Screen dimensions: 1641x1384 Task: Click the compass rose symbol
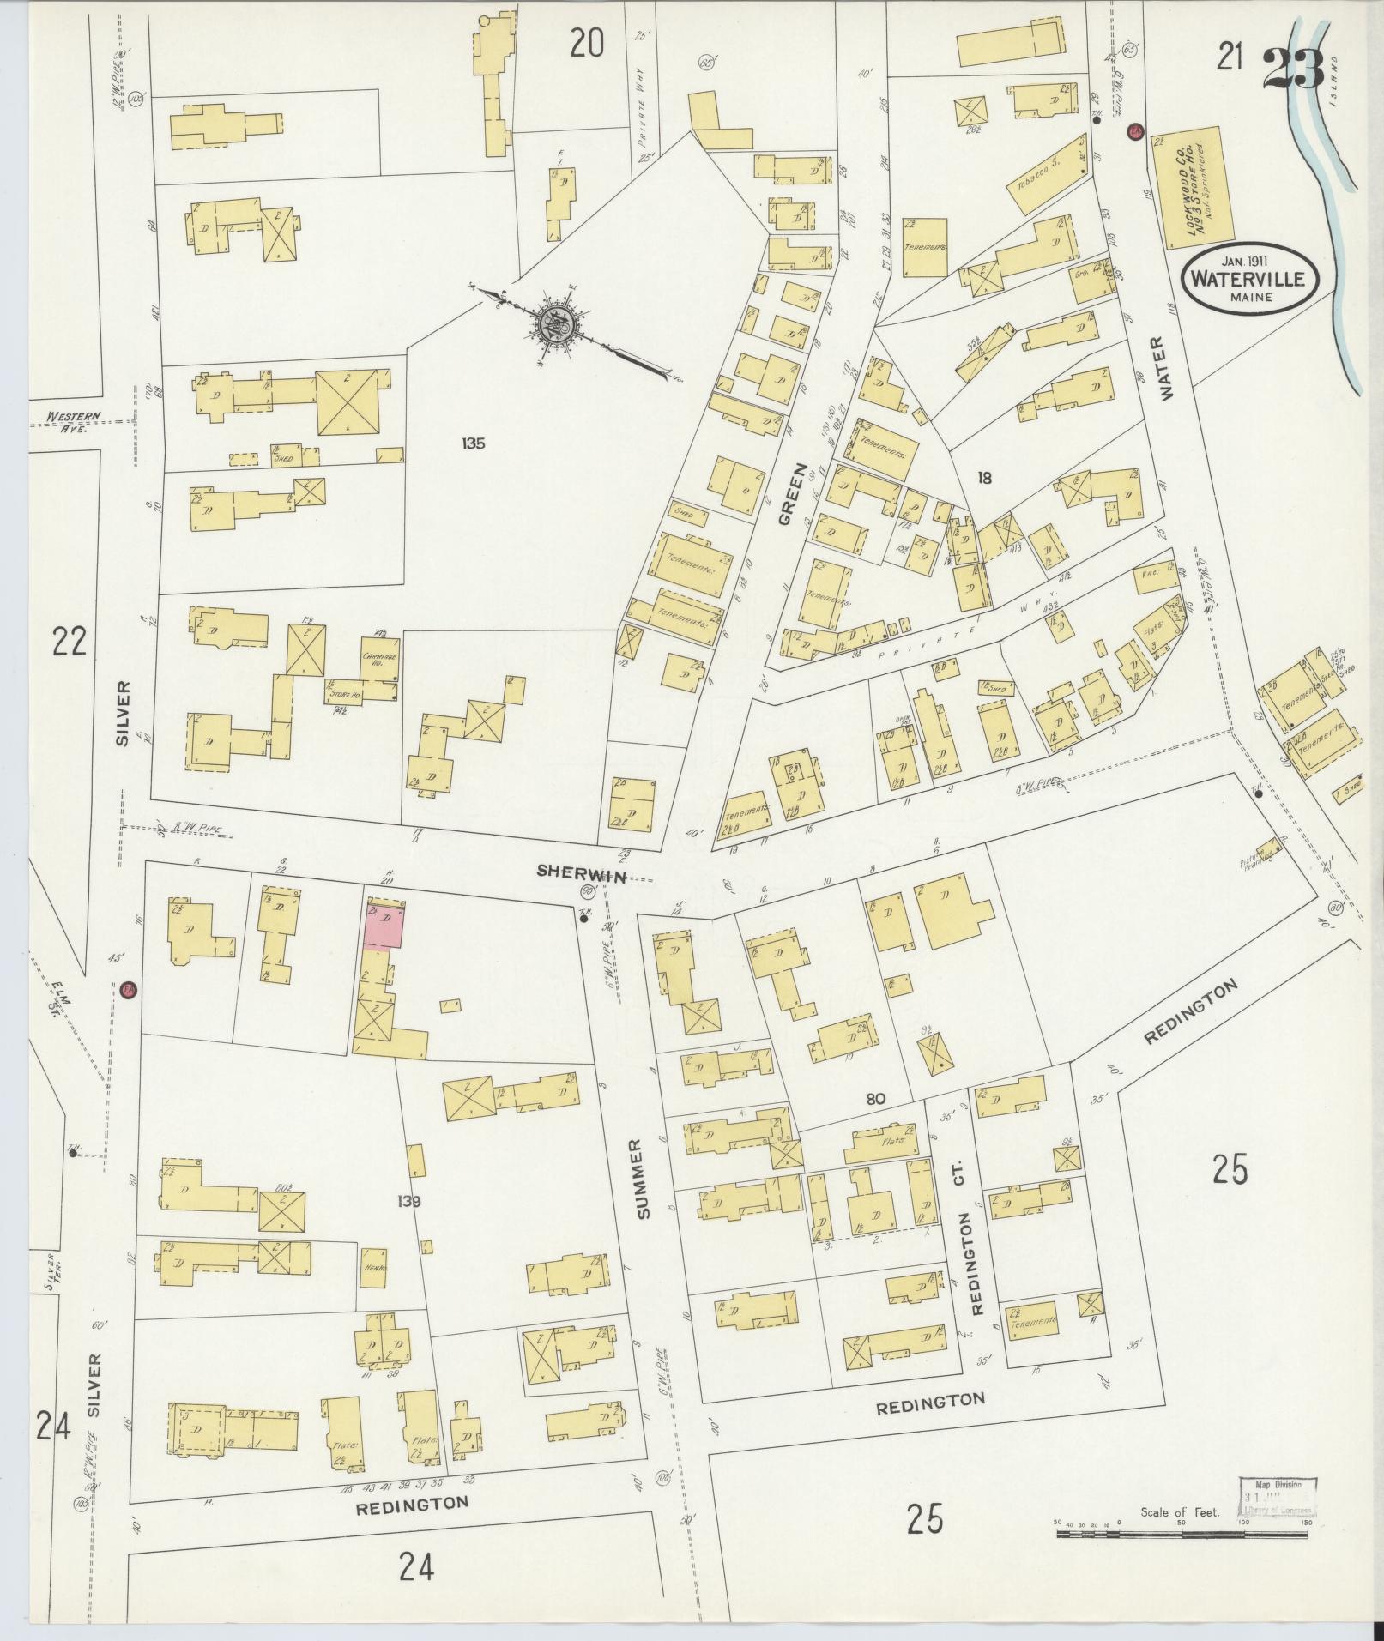(551, 324)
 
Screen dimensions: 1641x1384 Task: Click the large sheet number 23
(1294, 68)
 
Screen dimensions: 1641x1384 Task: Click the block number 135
(472, 443)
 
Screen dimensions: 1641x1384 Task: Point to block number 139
(409, 1202)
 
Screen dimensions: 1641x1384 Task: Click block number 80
(875, 1100)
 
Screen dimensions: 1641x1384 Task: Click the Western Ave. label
(74, 421)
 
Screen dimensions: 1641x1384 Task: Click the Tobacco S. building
(1049, 175)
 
